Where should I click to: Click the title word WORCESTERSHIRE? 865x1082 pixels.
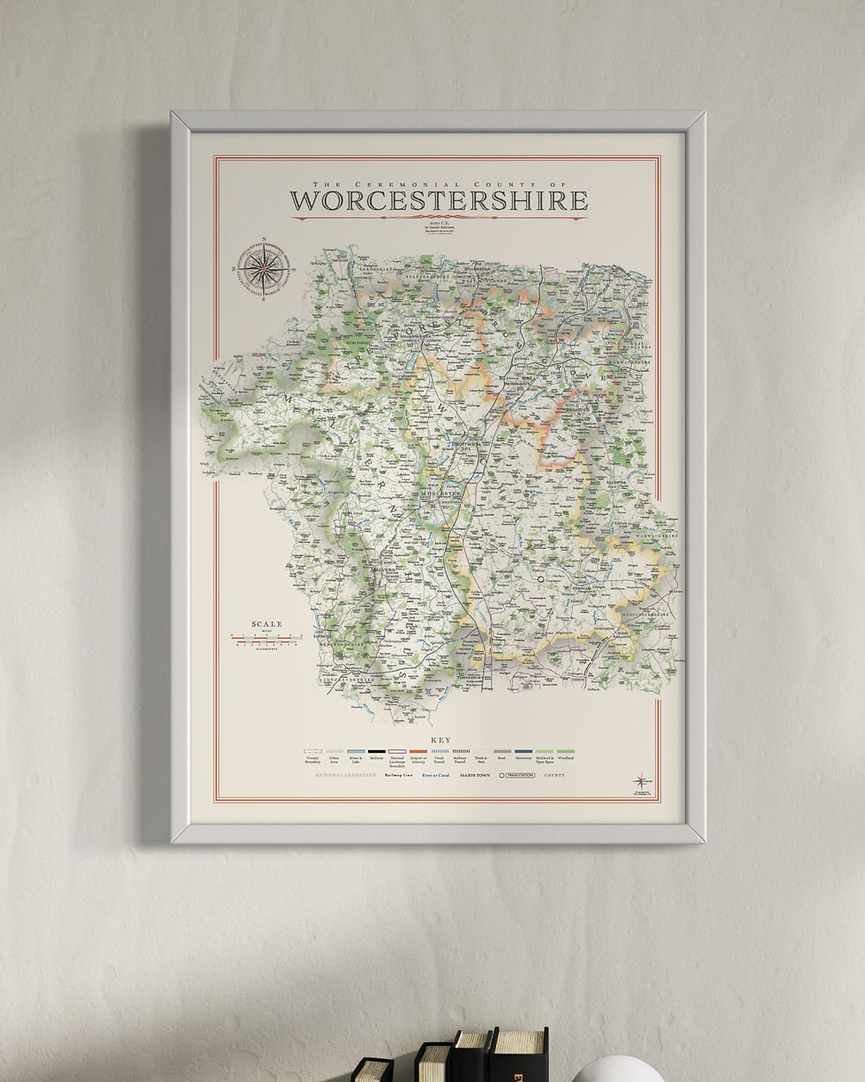439,201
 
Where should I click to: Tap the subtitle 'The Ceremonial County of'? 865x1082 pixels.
439,184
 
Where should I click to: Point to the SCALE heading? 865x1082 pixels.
267,624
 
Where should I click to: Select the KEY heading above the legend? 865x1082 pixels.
440,740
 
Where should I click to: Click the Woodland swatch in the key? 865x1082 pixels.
565,752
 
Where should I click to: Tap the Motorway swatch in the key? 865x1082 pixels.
523,752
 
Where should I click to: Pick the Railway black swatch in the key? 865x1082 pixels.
377,752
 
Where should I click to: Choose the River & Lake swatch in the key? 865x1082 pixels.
356,752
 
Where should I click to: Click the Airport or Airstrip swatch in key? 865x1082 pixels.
418,752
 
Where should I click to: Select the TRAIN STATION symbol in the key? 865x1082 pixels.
516,775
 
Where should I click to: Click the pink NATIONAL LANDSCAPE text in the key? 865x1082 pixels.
345,775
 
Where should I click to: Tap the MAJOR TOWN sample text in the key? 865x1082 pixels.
475,775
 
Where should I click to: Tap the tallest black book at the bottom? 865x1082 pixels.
519,1054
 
